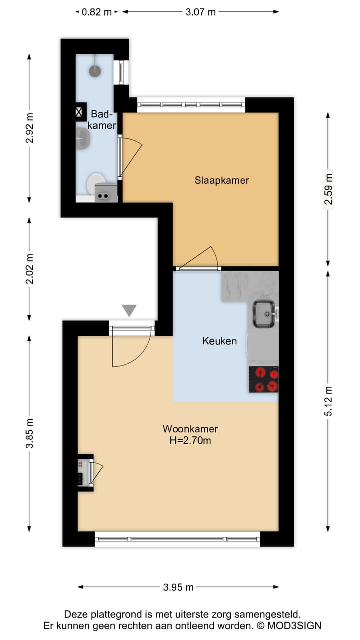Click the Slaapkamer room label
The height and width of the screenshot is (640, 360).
point(221,180)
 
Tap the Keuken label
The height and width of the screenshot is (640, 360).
point(219,341)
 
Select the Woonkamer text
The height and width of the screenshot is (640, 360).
point(190,429)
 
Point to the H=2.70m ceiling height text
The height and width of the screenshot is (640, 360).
point(190,440)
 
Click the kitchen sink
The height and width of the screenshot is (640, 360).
point(264,314)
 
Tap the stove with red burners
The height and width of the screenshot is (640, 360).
point(263,379)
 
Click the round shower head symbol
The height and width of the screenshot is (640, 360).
point(95,71)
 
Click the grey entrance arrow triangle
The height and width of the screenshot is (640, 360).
point(129,311)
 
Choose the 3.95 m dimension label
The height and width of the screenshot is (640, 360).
point(178,587)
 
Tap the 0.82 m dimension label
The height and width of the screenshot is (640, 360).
point(97,12)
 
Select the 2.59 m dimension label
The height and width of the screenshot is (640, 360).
point(328,189)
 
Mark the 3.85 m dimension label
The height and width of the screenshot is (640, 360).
point(30,432)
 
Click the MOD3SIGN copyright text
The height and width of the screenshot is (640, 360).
point(290,625)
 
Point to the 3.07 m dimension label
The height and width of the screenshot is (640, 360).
point(200,12)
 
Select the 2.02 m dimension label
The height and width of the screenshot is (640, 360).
point(30,269)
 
